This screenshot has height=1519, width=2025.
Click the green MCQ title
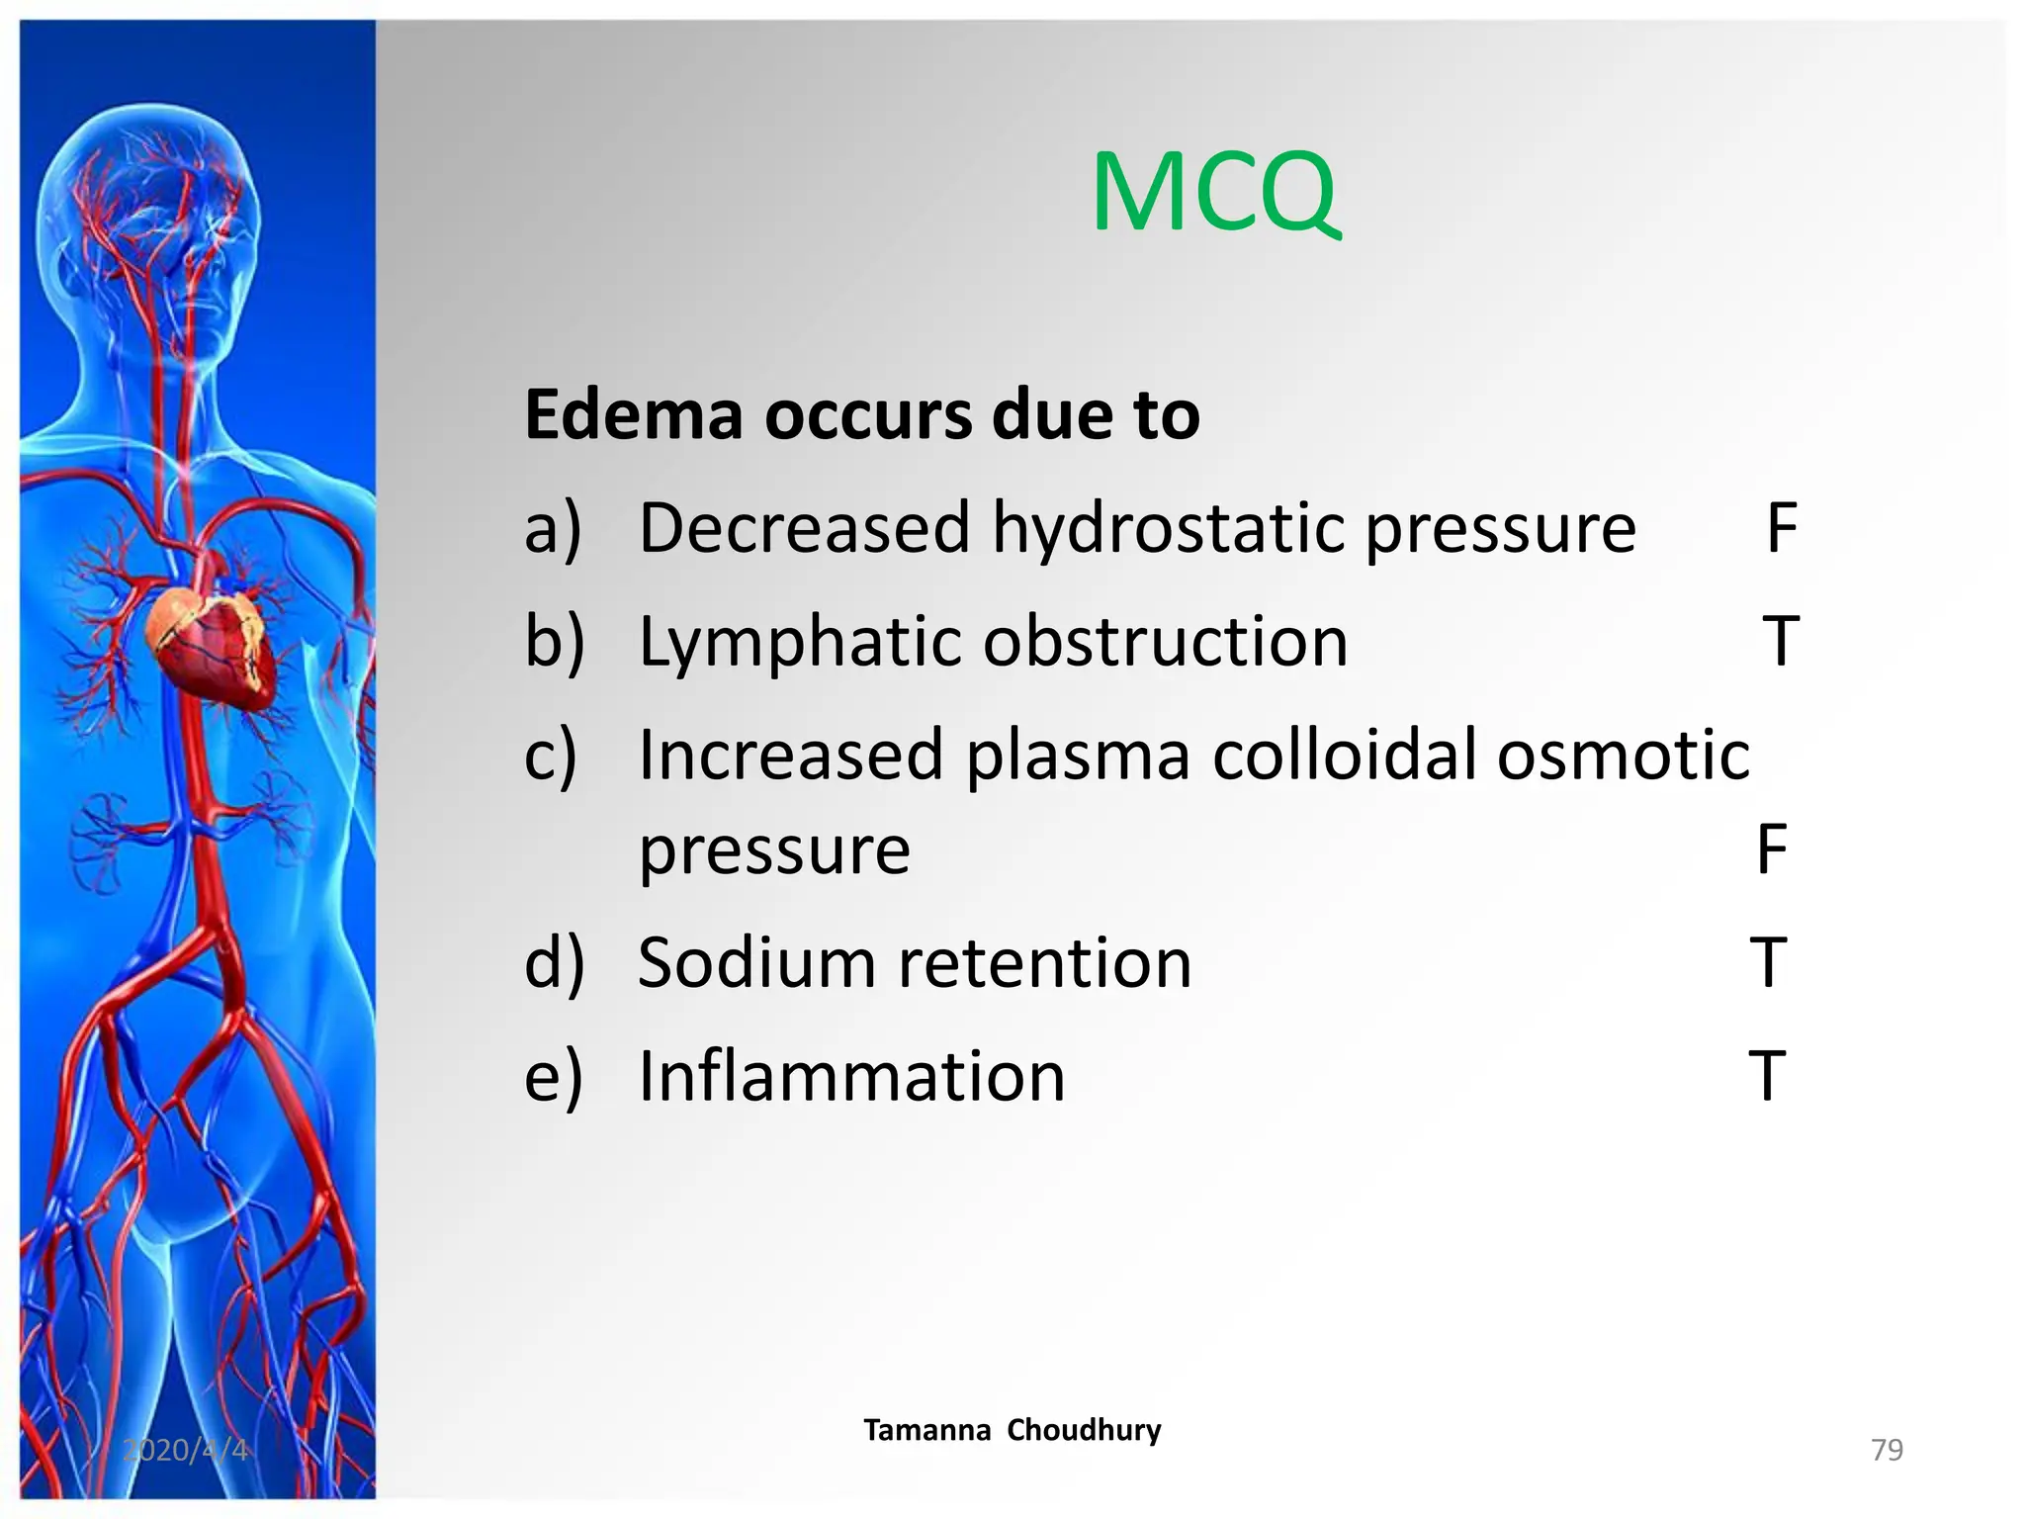[1215, 192]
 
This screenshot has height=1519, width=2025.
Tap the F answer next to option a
[1781, 528]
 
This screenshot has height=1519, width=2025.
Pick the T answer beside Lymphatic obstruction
[1781, 643]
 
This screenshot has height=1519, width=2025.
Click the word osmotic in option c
[1623, 756]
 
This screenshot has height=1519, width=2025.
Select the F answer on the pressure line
[1772, 849]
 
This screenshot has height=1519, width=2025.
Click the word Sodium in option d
[756, 963]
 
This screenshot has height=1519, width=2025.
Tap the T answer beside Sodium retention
[1769, 963]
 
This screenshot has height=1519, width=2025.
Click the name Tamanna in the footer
[926, 1430]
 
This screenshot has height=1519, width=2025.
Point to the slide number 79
[1887, 1450]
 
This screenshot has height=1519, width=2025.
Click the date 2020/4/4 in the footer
[185, 1450]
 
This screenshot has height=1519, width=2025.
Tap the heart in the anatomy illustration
[210, 643]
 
